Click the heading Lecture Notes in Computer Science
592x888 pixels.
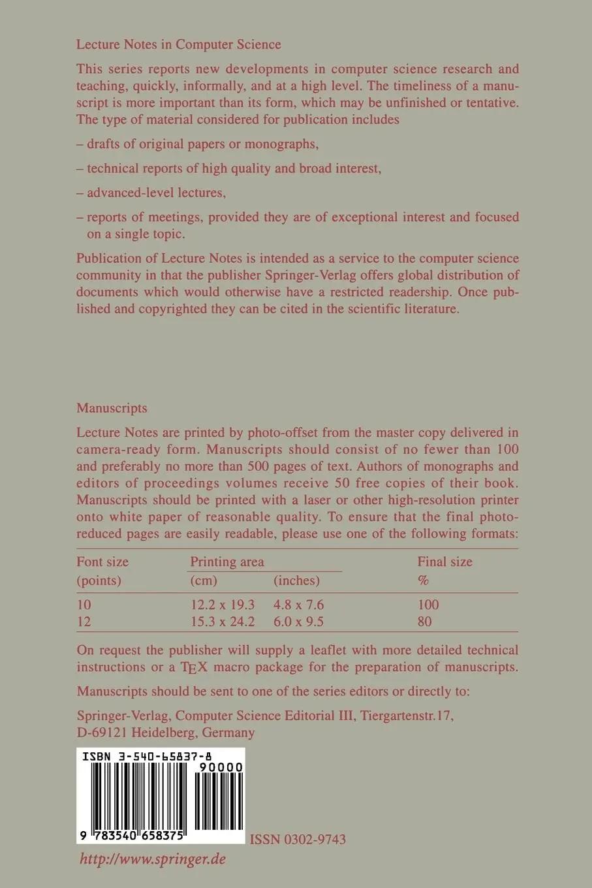coord(178,44)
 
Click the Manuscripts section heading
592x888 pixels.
coord(112,408)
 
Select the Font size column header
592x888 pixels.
coord(102,562)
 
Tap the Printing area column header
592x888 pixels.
coord(227,562)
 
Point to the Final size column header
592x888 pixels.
coord(444,562)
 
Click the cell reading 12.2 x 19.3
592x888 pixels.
coord(222,605)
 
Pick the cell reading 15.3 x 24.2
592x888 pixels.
coord(222,622)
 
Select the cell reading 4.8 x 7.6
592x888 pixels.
coord(299,605)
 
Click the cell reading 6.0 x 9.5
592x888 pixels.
coord(299,622)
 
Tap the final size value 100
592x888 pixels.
coord(428,605)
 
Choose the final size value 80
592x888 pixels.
coord(424,622)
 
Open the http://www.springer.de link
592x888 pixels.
coord(152,859)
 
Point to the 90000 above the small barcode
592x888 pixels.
coord(223,767)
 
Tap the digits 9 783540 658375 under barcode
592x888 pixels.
coord(131,836)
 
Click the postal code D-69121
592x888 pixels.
coord(102,733)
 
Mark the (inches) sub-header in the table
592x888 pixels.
coord(296,580)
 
